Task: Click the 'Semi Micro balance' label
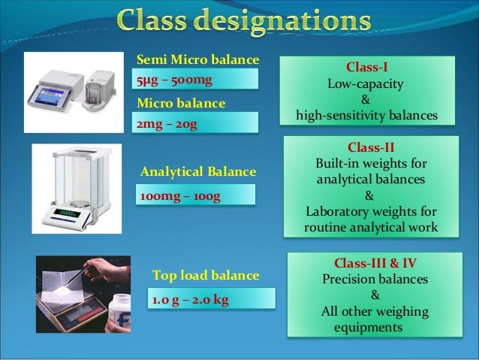pyautogui.click(x=197, y=59)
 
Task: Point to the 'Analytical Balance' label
pyautogui.click(x=198, y=173)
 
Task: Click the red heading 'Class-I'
pyautogui.click(x=366, y=67)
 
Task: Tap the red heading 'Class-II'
pyautogui.click(x=370, y=148)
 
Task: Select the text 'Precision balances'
pyautogui.click(x=375, y=279)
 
